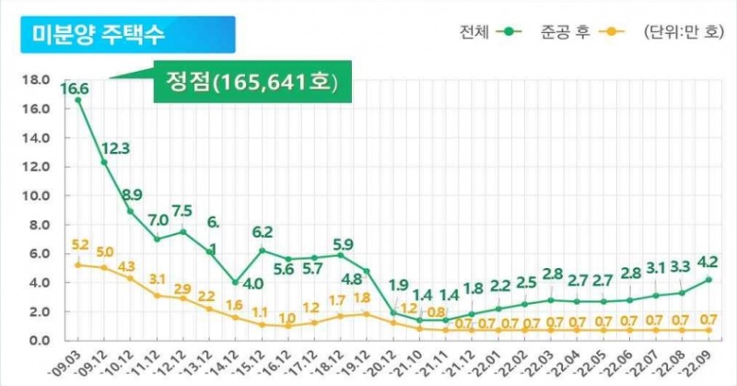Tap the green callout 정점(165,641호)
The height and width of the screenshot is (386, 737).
tap(246, 82)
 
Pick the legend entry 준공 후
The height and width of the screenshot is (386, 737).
tap(567, 33)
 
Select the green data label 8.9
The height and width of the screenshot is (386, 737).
tap(132, 194)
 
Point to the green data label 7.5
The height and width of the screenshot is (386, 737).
tap(182, 209)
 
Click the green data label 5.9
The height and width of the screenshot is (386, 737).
tap(343, 244)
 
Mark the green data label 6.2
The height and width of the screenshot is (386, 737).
tap(263, 231)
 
